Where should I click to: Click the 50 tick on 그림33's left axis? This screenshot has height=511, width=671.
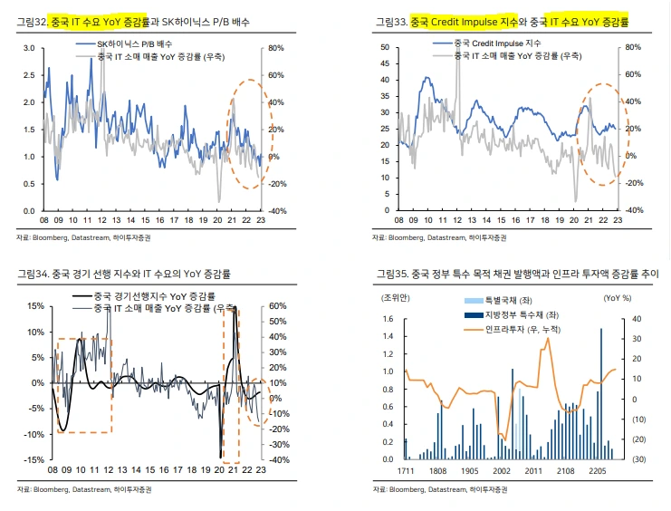click(x=385, y=47)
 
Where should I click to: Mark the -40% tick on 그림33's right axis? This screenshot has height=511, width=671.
click(x=633, y=210)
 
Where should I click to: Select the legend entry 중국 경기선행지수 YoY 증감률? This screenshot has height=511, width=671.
click(x=154, y=296)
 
